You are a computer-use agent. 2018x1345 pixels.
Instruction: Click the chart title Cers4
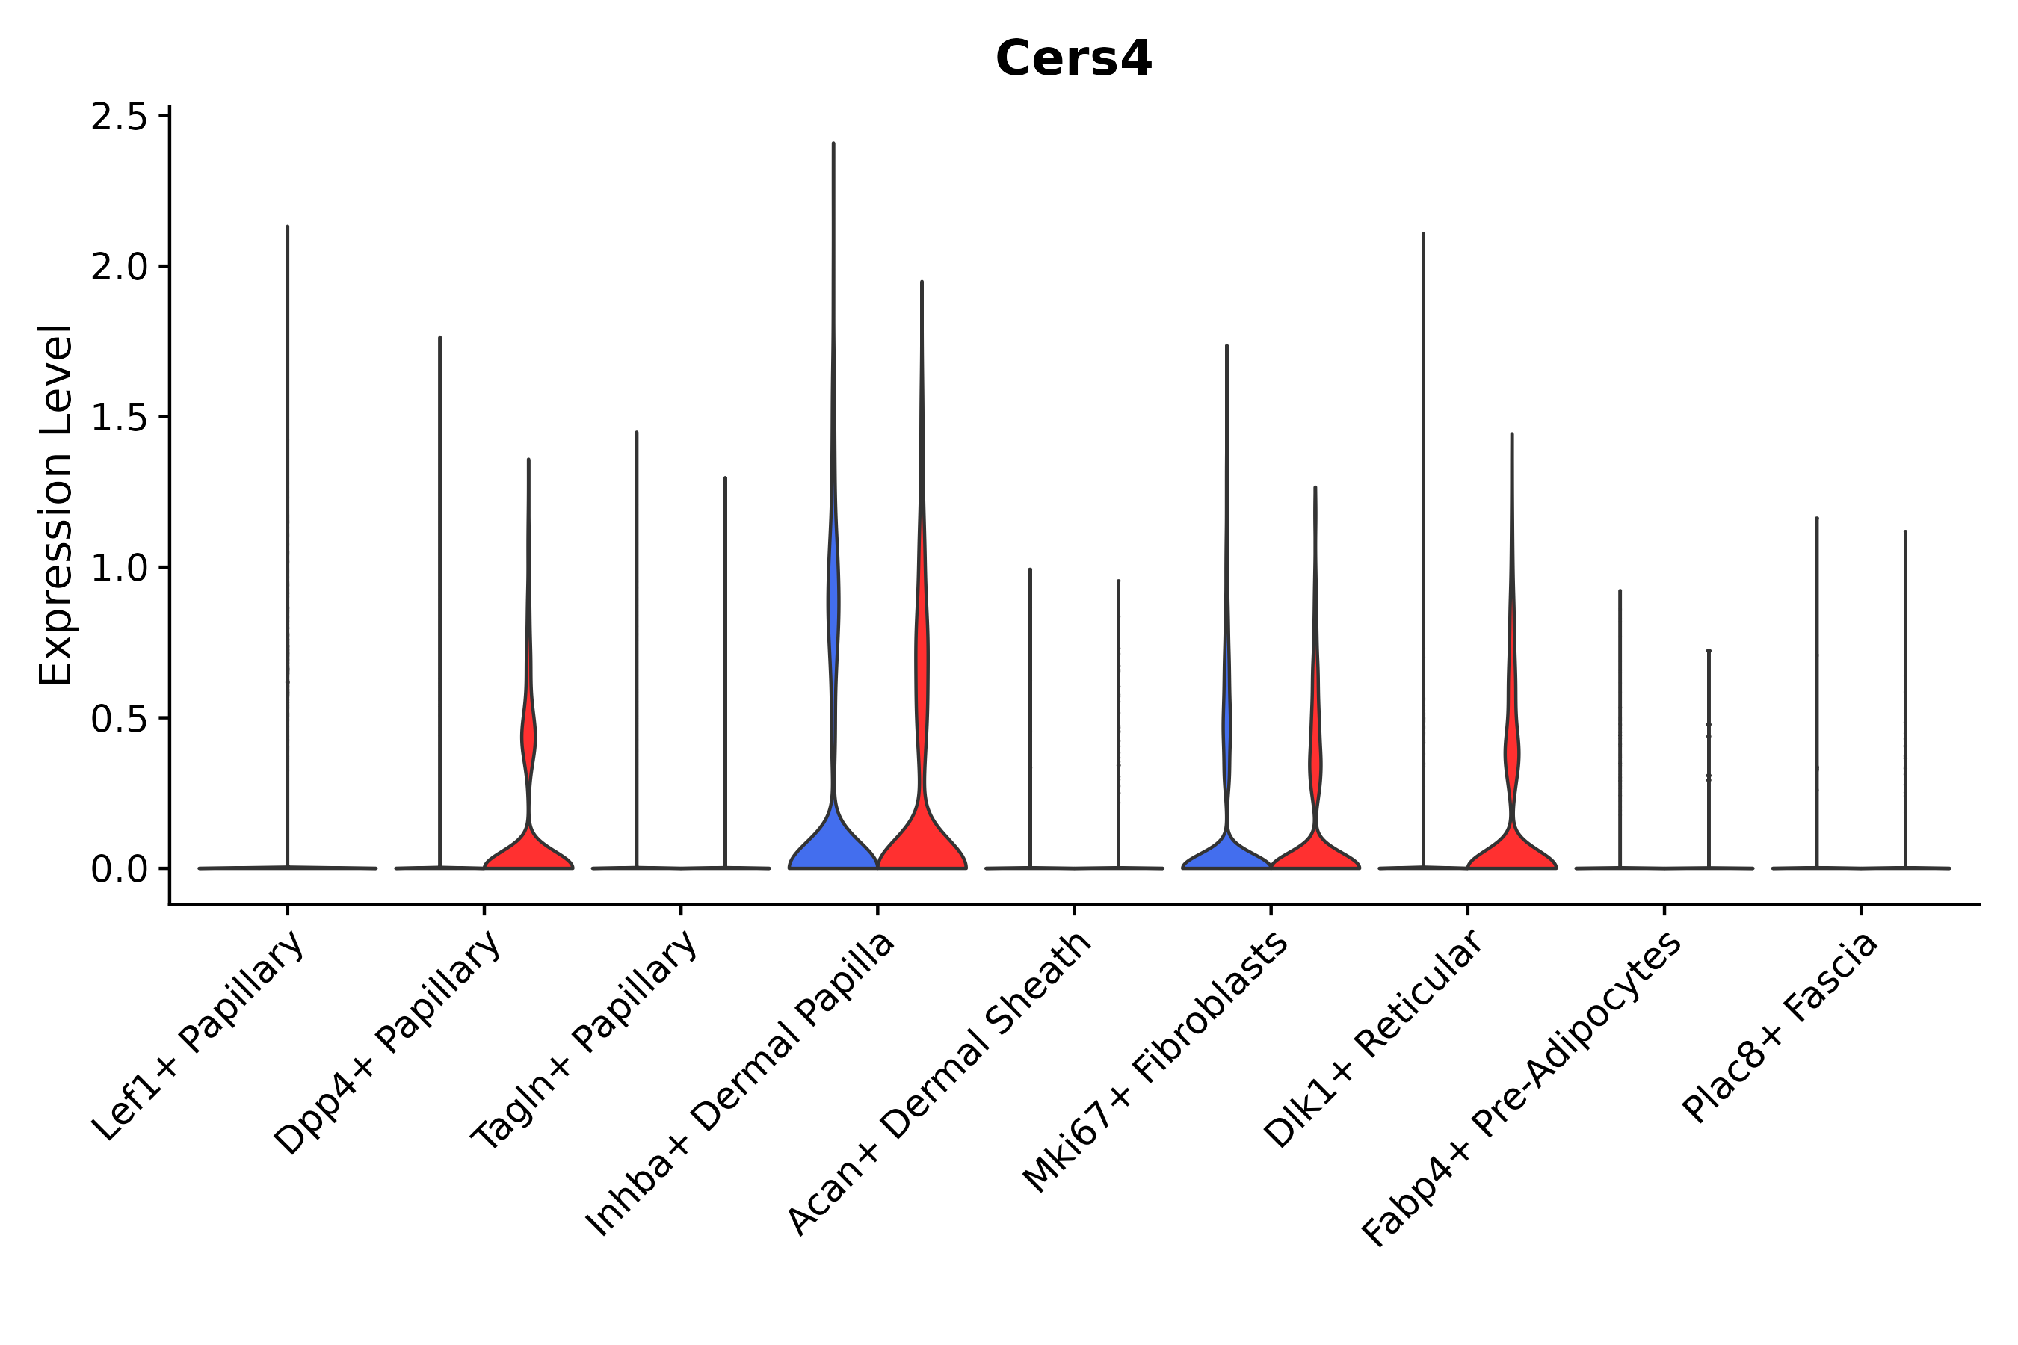1073,59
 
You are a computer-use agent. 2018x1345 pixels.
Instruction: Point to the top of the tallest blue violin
833,144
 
